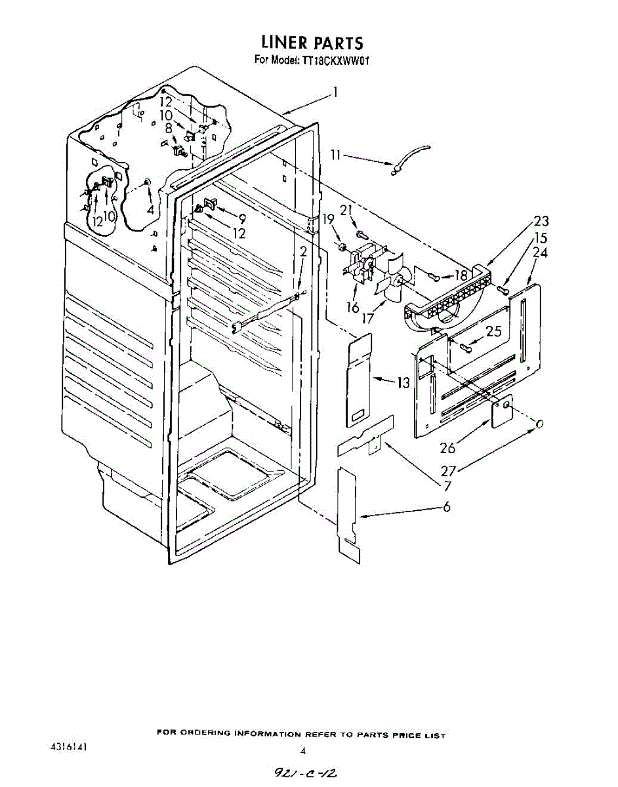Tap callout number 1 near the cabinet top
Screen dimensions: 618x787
335,92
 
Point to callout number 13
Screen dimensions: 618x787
403,382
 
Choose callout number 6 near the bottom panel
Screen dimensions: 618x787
447,507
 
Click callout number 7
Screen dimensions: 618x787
447,485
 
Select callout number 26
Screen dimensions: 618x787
447,448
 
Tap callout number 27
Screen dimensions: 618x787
447,470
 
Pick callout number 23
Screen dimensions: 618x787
541,220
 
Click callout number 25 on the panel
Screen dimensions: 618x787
494,331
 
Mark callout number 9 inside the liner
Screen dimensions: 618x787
241,219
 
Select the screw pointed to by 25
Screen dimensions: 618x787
466,348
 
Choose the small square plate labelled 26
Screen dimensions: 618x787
502,411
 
